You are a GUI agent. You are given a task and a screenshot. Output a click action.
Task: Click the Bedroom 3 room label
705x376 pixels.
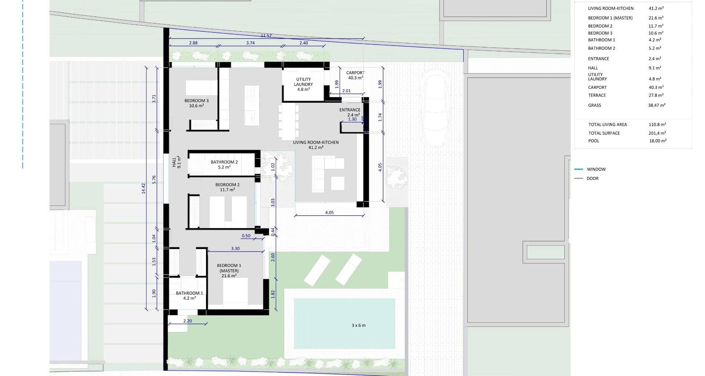(x=196, y=103)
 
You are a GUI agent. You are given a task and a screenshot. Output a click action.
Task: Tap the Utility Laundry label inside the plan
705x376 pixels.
(x=303, y=84)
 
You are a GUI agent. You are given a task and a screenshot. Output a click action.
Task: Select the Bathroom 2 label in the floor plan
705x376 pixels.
(x=224, y=164)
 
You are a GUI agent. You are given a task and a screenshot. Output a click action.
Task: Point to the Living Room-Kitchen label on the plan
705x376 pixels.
(x=316, y=145)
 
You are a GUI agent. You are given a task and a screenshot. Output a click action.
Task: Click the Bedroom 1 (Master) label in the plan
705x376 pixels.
(x=229, y=271)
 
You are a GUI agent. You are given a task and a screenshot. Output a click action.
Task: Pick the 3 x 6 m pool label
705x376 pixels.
(x=358, y=325)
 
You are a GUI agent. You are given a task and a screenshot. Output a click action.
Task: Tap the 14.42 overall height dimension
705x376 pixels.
(x=144, y=188)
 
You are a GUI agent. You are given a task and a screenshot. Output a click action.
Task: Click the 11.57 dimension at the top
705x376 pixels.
(x=266, y=36)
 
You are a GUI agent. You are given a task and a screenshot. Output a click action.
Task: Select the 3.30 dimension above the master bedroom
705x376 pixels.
(x=235, y=249)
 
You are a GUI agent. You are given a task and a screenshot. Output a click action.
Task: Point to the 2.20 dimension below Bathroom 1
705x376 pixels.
(x=187, y=321)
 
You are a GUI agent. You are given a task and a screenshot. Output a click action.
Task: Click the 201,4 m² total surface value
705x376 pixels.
(x=657, y=133)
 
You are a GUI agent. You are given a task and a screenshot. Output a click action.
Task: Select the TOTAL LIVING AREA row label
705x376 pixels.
(x=608, y=124)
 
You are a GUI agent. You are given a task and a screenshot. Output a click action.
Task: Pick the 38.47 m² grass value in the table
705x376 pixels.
(x=657, y=105)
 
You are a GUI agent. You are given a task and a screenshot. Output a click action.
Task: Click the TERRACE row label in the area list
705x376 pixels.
(x=597, y=95)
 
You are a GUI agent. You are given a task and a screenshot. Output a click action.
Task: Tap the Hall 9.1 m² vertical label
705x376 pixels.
(x=177, y=162)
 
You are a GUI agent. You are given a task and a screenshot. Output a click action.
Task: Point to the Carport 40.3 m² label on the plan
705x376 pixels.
(x=355, y=75)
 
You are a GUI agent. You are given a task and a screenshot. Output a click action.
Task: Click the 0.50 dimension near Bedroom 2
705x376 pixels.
(x=246, y=236)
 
